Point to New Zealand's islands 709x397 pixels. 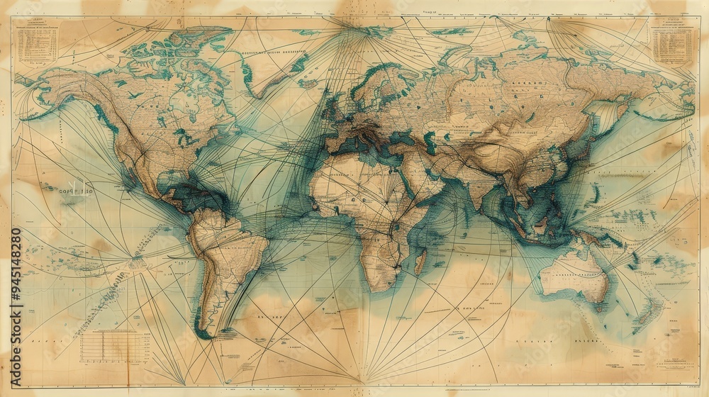[649, 312]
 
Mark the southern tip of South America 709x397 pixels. [205, 333]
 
